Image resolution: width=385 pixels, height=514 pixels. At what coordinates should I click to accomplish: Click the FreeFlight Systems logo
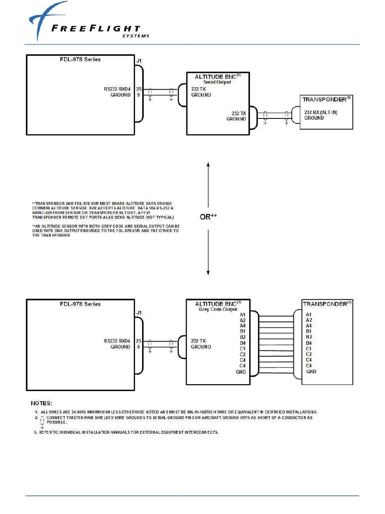(87, 22)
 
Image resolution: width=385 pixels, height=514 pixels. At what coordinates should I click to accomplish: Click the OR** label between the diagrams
(208, 217)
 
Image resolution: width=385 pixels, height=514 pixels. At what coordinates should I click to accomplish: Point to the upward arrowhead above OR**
(208, 164)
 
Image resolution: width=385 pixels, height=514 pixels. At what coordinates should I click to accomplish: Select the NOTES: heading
(42, 403)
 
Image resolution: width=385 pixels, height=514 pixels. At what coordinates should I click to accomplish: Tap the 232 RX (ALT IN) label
(321, 112)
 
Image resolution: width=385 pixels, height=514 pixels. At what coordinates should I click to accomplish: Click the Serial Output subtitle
(217, 82)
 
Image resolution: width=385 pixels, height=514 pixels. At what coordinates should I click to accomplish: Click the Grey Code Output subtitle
(218, 309)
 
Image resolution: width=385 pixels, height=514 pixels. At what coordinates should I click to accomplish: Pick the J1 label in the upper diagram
(139, 61)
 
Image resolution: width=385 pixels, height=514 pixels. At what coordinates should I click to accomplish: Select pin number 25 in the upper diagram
(139, 89)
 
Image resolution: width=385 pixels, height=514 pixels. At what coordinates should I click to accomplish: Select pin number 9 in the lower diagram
(139, 347)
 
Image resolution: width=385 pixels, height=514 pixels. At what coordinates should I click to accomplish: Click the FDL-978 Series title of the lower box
(80, 304)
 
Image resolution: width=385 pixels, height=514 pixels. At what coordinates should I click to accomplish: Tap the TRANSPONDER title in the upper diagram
(325, 99)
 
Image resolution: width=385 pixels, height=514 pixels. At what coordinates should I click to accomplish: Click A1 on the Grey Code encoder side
(242, 314)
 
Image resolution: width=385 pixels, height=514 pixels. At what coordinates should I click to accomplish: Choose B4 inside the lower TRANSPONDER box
(309, 343)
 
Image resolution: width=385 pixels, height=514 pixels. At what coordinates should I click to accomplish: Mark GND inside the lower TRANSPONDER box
(311, 371)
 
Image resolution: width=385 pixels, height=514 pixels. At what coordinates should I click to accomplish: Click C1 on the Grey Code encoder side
(242, 348)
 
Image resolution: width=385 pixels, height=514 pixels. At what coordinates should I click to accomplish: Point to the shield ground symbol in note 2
(42, 422)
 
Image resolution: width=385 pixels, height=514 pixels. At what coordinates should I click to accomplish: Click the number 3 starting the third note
(35, 432)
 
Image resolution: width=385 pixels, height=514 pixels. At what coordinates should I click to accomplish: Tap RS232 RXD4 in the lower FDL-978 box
(117, 341)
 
